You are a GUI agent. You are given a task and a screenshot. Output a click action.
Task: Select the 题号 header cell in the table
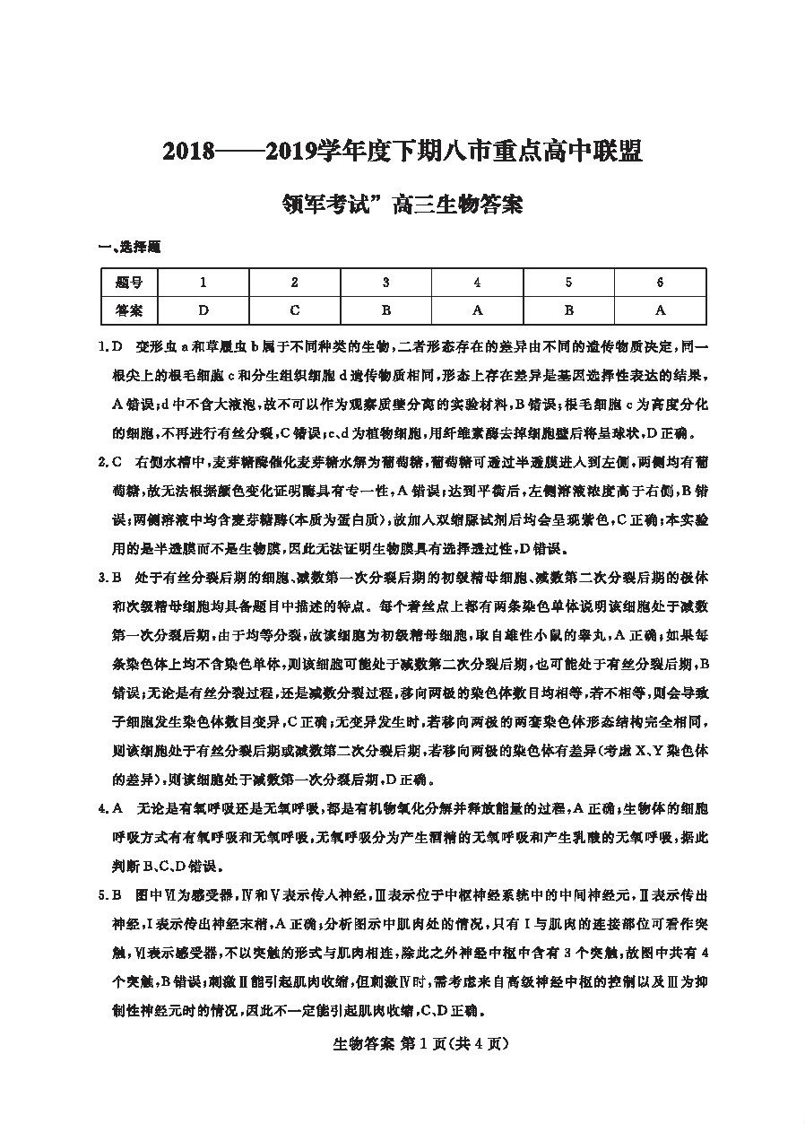pos(130,283)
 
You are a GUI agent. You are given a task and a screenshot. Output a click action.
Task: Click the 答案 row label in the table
pos(130,310)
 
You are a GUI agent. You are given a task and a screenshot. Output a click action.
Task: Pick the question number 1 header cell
pos(203,283)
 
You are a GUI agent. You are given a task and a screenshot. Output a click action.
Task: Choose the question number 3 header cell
pos(385,283)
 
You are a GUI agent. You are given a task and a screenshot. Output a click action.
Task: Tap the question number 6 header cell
pos(660,283)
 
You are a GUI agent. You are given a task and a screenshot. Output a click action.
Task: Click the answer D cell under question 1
pos(203,310)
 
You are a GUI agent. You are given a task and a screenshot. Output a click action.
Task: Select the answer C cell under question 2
pos(294,310)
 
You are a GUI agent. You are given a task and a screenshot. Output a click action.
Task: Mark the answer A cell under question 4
pos(477,310)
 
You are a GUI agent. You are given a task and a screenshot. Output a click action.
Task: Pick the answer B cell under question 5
pos(568,310)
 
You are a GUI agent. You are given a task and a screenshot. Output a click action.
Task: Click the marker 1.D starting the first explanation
pos(110,346)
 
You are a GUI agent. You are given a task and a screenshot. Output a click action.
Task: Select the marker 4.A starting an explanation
pos(110,809)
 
